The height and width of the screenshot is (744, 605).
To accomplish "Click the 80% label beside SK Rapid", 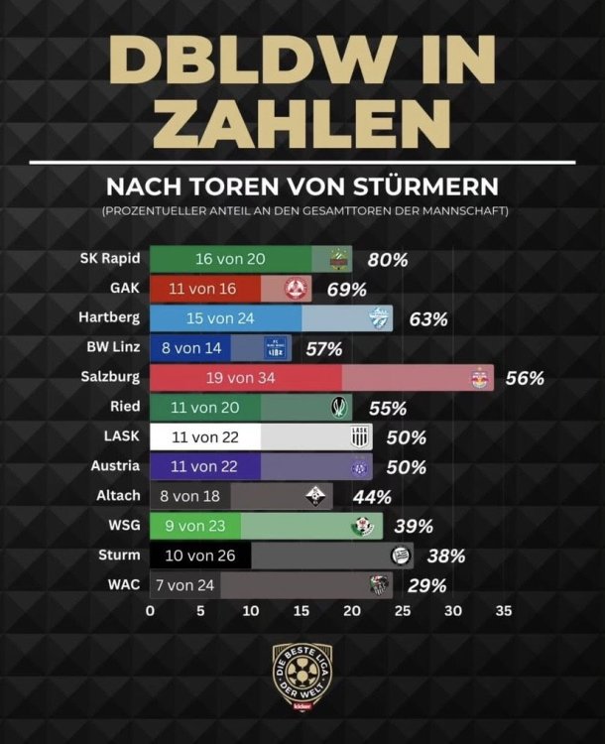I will [x=388, y=260].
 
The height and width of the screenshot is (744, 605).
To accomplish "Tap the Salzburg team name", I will [x=111, y=377].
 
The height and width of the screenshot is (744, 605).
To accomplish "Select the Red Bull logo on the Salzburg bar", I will [x=482, y=378].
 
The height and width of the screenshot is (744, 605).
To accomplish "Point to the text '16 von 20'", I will [x=230, y=260].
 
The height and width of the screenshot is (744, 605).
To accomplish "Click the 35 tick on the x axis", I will [x=504, y=612].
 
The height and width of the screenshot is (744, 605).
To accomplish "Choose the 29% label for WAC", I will [x=426, y=585].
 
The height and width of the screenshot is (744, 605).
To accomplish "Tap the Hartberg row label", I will [x=109, y=318].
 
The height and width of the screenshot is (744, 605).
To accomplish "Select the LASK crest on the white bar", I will [x=359, y=437].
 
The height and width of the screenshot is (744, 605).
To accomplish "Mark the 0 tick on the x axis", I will [x=150, y=612].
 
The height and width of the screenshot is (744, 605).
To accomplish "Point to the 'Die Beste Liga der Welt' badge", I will [x=302, y=676].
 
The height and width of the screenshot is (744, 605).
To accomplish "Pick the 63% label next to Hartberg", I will [x=427, y=319].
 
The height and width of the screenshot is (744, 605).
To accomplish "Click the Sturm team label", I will [x=119, y=555].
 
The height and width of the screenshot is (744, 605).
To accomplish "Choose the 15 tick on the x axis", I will [x=302, y=612].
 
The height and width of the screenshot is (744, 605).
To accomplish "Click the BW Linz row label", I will [x=113, y=347].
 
